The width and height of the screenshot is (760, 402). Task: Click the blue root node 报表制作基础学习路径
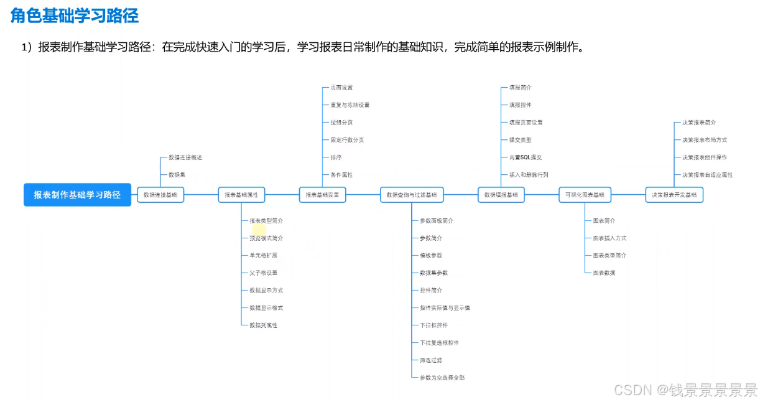(77, 195)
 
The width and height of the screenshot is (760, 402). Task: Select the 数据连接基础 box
(160, 195)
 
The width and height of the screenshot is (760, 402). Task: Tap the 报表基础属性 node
(241, 195)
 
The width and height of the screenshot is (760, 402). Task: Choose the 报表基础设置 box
(322, 195)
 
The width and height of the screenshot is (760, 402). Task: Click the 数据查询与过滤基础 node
(411, 195)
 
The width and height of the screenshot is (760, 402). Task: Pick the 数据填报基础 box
(501, 195)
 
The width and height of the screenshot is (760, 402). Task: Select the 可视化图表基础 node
(585, 195)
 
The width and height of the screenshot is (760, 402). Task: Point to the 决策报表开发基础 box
(674, 195)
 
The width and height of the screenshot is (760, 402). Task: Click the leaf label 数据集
(177, 175)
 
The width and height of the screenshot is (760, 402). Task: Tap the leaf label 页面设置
(341, 88)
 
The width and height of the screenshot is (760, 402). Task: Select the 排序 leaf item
(336, 157)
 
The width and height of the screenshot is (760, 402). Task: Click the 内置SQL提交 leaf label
(526, 157)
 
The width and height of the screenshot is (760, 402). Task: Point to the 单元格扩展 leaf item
(263, 255)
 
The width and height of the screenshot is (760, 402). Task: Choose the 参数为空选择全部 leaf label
(442, 377)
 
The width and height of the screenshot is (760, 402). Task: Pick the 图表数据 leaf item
(604, 273)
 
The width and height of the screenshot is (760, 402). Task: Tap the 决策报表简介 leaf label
(699, 123)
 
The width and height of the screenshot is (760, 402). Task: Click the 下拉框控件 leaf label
(433, 325)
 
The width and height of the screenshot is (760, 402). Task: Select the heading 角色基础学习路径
(75, 16)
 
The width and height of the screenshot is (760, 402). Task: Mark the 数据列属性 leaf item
(263, 325)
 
